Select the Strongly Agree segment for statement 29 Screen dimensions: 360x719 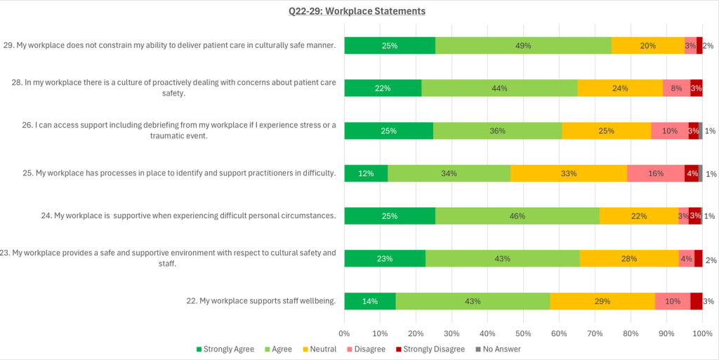point(390,46)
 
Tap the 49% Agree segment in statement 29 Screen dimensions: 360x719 point(523,46)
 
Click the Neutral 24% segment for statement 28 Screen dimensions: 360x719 point(620,88)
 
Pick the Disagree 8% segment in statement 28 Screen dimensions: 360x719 point(676,88)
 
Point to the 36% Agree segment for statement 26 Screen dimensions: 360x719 point(497,131)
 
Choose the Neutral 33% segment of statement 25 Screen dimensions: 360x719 point(569,173)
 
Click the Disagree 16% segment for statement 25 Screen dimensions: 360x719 point(656,173)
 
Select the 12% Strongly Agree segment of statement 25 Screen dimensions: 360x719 point(366,173)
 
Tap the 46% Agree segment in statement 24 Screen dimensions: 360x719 point(517,216)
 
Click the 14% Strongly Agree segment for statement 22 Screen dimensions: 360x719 point(370,301)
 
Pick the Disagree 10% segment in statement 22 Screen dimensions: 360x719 point(673,301)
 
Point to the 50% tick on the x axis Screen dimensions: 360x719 point(523,334)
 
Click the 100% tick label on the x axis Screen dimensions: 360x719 point(702,334)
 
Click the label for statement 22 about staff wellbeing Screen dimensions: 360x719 point(267,301)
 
